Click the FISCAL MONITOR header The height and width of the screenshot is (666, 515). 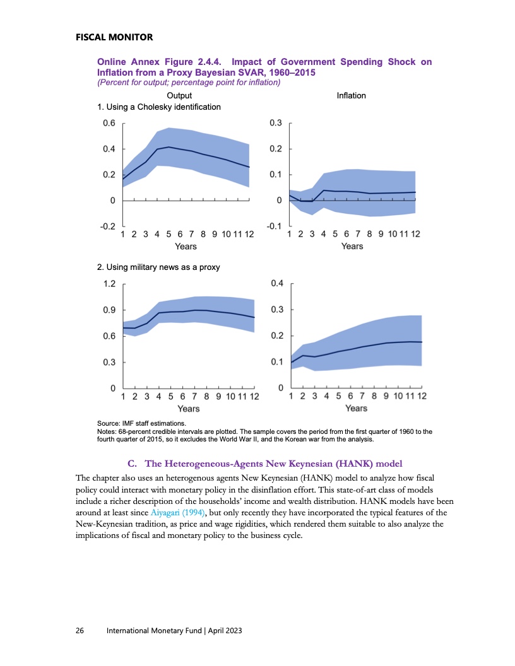pyautogui.click(x=110, y=37)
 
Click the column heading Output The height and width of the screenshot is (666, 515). pyautogui.click(x=179, y=95)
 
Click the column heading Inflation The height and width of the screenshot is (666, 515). pyautogui.click(x=351, y=95)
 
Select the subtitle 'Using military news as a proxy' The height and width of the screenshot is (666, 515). pyautogui.click(x=158, y=267)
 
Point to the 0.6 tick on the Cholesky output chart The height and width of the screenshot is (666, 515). pyautogui.click(x=109, y=123)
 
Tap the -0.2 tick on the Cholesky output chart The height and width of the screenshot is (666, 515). pyautogui.click(x=108, y=226)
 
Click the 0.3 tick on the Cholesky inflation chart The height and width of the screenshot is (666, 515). pyautogui.click(x=275, y=123)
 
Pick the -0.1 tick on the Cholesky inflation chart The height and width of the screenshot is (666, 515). pyautogui.click(x=274, y=226)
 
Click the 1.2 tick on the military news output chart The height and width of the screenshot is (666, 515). pyautogui.click(x=109, y=284)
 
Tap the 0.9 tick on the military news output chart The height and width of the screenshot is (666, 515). pyautogui.click(x=109, y=310)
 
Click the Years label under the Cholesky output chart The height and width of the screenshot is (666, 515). pyautogui.click(x=186, y=246)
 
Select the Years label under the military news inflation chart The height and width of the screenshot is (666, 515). pyautogui.click(x=357, y=408)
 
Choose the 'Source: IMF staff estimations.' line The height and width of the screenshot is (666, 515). pyautogui.click(x=141, y=424)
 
